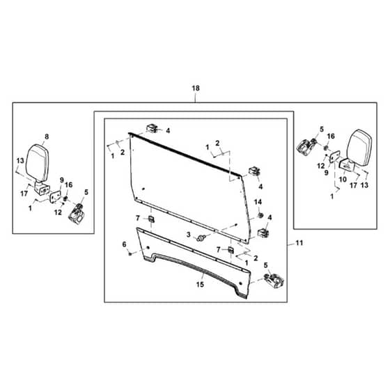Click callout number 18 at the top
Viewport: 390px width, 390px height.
(196, 88)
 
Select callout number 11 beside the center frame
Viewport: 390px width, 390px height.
(299, 243)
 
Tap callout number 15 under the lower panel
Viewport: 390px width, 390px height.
(200, 284)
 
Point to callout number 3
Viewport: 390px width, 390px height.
(188, 234)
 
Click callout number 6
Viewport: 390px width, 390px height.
(125, 244)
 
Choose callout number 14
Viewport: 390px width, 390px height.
(258, 202)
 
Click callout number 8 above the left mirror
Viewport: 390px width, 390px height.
(47, 136)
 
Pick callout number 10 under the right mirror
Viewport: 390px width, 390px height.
(343, 179)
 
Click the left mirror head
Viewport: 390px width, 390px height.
(38, 163)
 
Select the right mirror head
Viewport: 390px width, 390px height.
(359, 148)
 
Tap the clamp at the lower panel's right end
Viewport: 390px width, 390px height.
(274, 281)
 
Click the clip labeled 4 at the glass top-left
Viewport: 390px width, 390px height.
(153, 129)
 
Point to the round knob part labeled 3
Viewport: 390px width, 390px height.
(201, 238)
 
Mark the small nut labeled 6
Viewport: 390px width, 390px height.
(130, 254)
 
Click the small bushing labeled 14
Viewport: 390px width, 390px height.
(260, 215)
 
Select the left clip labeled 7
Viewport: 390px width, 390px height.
(151, 219)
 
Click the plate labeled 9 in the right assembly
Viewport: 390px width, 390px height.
(334, 157)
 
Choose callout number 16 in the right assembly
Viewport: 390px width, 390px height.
(331, 136)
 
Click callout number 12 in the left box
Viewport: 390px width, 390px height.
(58, 212)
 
